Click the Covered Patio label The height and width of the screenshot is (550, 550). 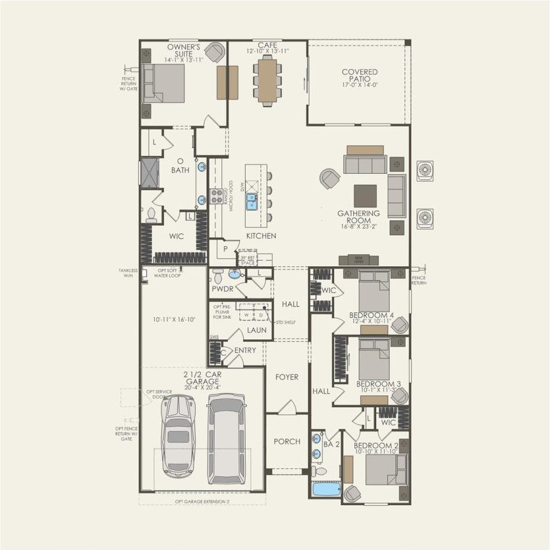[x=359, y=75]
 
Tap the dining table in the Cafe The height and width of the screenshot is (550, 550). [x=267, y=80]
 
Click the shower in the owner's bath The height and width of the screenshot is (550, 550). [x=149, y=173]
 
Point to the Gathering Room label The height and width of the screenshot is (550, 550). [x=358, y=218]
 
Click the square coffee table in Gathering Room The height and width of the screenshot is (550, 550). [x=365, y=196]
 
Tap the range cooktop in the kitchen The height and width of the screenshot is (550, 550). [x=217, y=195]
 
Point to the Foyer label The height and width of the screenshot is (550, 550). [x=287, y=377]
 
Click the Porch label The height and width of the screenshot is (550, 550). [x=287, y=441]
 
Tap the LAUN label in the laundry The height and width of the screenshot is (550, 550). [x=256, y=330]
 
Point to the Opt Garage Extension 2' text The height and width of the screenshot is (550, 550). [x=202, y=502]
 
